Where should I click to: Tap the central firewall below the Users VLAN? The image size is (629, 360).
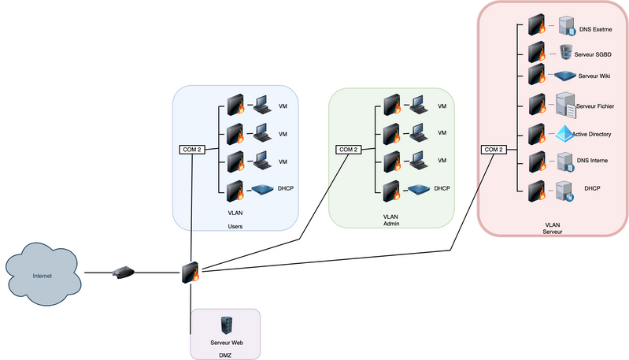pyautogui.click(x=191, y=272)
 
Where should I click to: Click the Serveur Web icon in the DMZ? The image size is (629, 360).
pyautogui.click(x=226, y=325)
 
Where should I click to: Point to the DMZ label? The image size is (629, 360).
pyautogui.click(x=225, y=354)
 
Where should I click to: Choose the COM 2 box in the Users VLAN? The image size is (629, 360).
pyautogui.click(x=192, y=150)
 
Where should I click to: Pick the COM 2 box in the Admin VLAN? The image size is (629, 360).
pyautogui.click(x=348, y=150)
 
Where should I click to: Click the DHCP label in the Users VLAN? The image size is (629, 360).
pyautogui.click(x=286, y=189)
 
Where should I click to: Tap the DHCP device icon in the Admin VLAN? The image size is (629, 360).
pyautogui.click(x=419, y=189)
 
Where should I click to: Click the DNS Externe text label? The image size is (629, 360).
pyautogui.click(x=596, y=29)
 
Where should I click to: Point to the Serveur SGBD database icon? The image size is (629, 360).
pyautogui.click(x=565, y=52)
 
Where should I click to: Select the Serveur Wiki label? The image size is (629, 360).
pyautogui.click(x=594, y=76)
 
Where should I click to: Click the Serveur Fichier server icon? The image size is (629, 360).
pyautogui.click(x=565, y=104)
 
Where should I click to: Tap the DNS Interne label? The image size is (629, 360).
pyautogui.click(x=593, y=161)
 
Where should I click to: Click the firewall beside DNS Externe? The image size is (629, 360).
pyautogui.click(x=538, y=24)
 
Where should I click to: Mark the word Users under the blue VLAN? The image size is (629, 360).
pyautogui.click(x=235, y=226)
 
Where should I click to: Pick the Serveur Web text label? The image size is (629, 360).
pyautogui.click(x=226, y=343)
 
